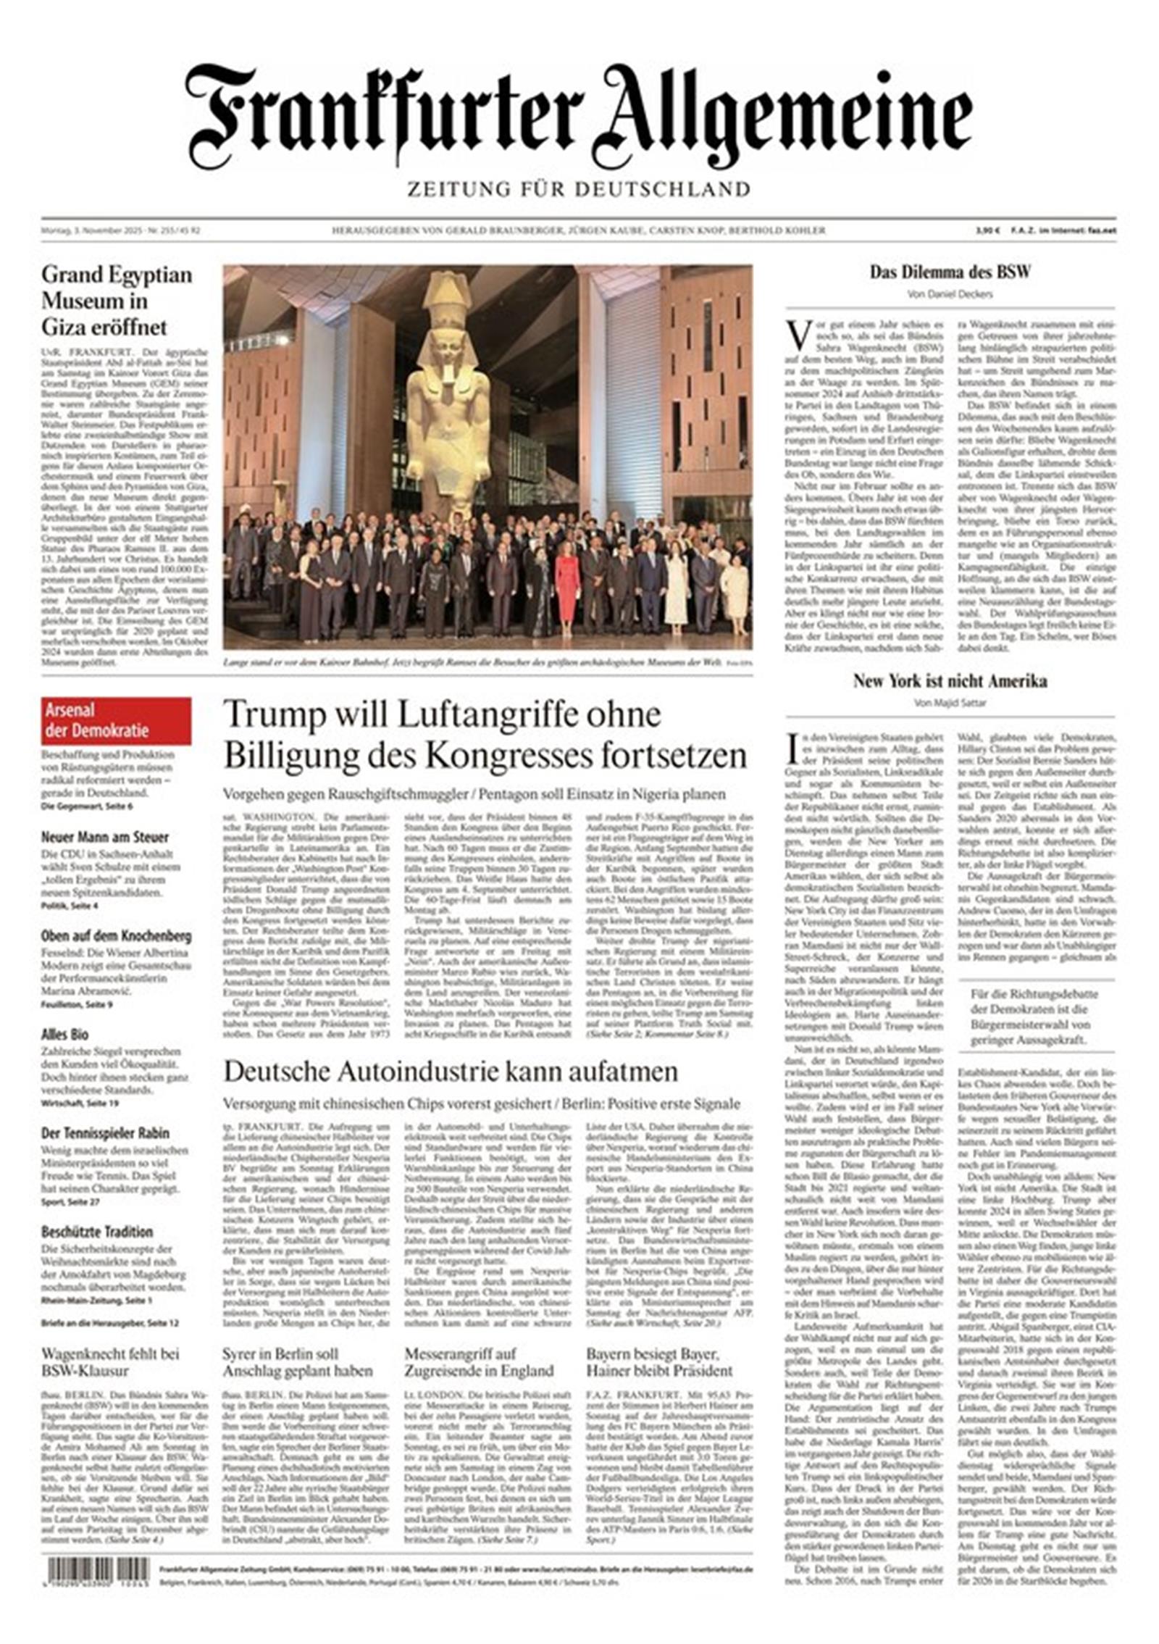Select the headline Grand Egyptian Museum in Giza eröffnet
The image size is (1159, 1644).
pyautogui.click(x=117, y=300)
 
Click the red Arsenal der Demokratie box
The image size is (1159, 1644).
pyautogui.click(x=116, y=720)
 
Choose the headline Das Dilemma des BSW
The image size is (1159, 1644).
pyautogui.click(x=950, y=272)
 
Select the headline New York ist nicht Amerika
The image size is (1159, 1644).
pyautogui.click(x=950, y=681)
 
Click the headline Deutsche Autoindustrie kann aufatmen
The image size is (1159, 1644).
pyautogui.click(x=451, y=1072)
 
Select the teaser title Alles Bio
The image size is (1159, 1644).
pyautogui.click(x=65, y=1035)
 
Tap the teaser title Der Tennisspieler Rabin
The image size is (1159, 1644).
pyautogui.click(x=105, y=1133)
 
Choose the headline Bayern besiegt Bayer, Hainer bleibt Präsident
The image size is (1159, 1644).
pyautogui.click(x=659, y=1362)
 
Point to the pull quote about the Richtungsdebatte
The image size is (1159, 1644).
pyautogui.click(x=1036, y=1017)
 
